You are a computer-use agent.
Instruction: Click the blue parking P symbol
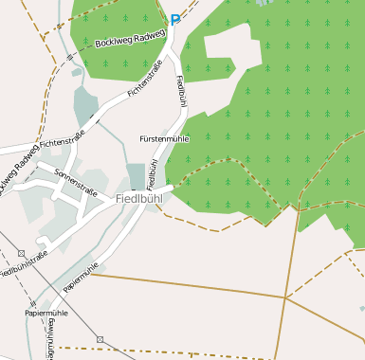point(174,19)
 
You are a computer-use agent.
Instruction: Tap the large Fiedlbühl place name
point(139,199)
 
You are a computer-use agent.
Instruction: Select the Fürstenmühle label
point(165,138)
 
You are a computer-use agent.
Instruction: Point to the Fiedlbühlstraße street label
point(25,263)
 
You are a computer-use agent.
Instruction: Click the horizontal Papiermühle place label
point(46,312)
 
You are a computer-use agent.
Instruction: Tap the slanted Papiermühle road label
point(82,276)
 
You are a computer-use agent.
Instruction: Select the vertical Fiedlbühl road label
point(180,92)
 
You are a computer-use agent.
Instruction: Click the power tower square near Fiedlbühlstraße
point(21,253)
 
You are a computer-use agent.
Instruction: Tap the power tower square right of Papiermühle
point(99,338)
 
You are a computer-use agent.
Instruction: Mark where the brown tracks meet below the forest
point(285,297)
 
